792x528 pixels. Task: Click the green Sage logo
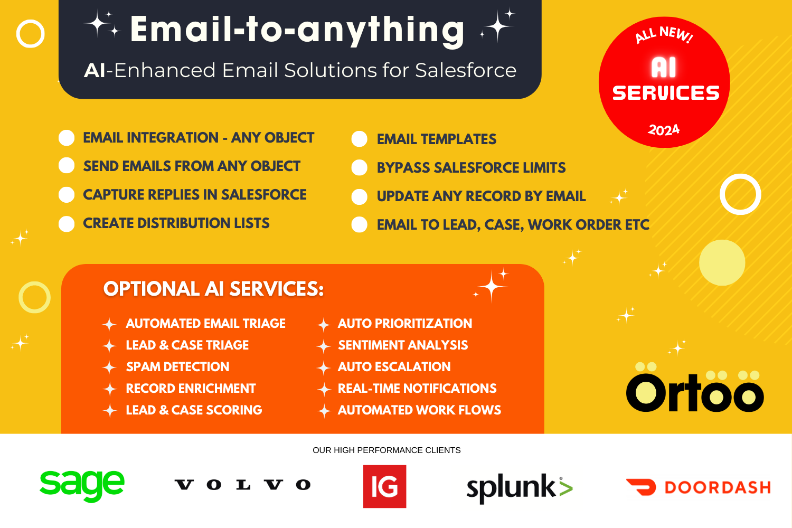(x=82, y=486)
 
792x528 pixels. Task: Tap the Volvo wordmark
(x=242, y=485)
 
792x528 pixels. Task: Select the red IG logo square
(x=385, y=487)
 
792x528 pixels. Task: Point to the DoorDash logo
(x=699, y=487)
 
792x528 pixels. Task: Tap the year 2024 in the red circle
(x=664, y=130)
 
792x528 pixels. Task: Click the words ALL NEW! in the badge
(x=664, y=35)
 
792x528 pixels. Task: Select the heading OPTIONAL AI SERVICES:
(x=213, y=289)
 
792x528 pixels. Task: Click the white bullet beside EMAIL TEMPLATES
(x=359, y=139)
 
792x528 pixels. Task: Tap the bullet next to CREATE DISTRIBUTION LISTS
(x=67, y=224)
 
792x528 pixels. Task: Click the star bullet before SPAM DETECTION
(x=110, y=367)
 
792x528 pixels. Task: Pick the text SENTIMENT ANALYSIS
(x=403, y=345)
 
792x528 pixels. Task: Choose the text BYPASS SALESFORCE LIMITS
(x=472, y=167)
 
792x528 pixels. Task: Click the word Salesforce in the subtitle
(x=466, y=70)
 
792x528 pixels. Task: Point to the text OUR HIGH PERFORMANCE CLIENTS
(x=386, y=450)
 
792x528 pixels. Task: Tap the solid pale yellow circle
(x=722, y=263)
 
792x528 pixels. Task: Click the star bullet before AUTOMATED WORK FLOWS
(x=324, y=411)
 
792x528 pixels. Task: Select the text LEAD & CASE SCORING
(x=194, y=410)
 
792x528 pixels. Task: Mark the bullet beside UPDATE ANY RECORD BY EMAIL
(x=359, y=196)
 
